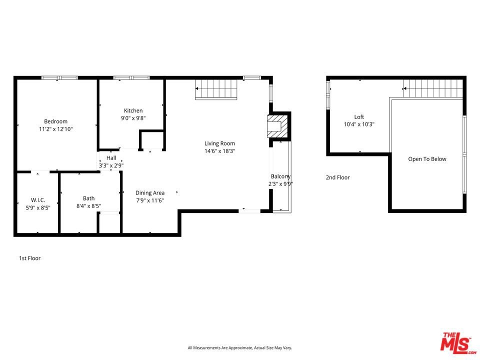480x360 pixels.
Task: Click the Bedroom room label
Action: coord(55,121)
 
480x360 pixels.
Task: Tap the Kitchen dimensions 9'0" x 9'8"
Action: coord(133,118)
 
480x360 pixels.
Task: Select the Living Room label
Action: coord(220,143)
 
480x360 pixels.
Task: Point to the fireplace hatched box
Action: coord(277,126)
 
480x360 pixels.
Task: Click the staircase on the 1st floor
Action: coord(216,89)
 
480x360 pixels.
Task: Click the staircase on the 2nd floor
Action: coord(433,88)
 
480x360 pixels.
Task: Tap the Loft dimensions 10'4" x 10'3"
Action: coord(359,124)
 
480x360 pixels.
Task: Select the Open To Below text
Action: coord(427,159)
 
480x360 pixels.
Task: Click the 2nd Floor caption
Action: coord(337,177)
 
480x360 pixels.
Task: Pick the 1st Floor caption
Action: coord(29,258)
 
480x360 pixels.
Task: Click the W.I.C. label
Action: coord(38,200)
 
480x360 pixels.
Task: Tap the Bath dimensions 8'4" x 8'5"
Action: coord(89,206)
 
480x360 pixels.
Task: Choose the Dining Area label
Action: coord(150,193)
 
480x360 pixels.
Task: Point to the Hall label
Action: coord(111,158)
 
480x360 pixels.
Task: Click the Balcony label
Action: coord(280,176)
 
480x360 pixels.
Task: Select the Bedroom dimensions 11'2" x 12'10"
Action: coord(55,129)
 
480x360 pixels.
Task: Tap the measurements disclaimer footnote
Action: coord(239,348)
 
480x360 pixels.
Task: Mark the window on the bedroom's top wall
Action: coord(59,78)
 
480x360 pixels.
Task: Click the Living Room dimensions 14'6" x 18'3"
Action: coord(220,151)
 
